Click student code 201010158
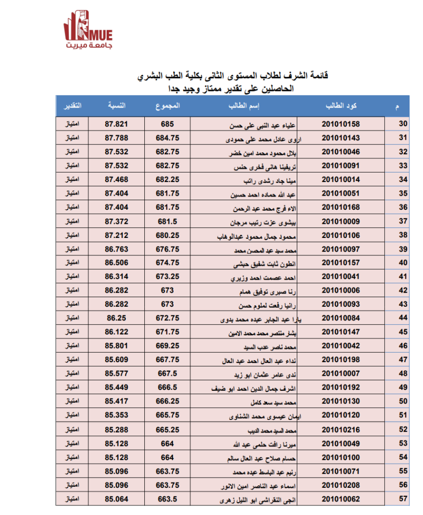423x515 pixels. pos(341,124)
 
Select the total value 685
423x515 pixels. pos(167,124)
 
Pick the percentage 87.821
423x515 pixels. pos(117,124)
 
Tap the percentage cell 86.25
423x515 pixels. pos(117,318)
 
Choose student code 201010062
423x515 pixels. pos(341,499)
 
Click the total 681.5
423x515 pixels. pos(167,221)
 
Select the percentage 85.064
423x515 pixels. pos(117,499)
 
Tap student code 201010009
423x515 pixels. pos(341,221)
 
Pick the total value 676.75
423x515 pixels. pos(167,248)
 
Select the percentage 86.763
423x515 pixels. pos(117,248)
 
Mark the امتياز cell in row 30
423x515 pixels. pos(72,124)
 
